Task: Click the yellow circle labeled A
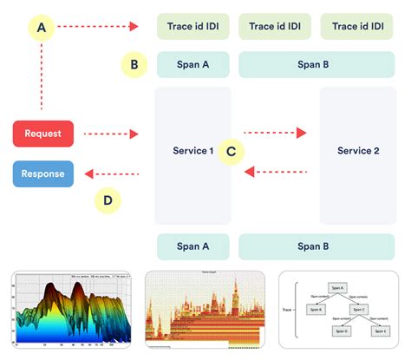coord(42,27)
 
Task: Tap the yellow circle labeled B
coord(134,64)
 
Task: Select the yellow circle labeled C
coord(230,151)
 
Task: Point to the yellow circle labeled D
coord(108,201)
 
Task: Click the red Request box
coord(42,134)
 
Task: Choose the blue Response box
coord(43,173)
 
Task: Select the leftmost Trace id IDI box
coord(192,27)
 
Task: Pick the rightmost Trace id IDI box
coord(358,27)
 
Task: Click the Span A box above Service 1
coord(192,65)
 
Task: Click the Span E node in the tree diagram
coord(379,331)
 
